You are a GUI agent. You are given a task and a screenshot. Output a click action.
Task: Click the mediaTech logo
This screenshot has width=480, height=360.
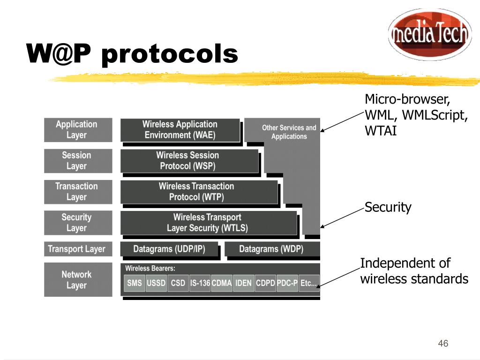point(430,34)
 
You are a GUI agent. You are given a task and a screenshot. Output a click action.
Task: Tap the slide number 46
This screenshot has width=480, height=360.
point(443,344)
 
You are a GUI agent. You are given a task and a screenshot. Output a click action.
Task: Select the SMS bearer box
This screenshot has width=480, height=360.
point(135,283)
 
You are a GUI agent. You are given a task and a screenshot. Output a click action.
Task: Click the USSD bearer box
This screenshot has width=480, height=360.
point(156,283)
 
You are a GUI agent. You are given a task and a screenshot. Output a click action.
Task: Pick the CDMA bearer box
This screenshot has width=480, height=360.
point(222,283)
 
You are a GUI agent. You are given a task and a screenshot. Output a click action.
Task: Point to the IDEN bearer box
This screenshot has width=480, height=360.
point(244,283)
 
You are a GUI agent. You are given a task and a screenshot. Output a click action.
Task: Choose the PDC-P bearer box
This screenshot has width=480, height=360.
point(287,283)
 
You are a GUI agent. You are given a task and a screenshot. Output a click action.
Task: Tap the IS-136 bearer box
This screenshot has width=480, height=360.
point(200,283)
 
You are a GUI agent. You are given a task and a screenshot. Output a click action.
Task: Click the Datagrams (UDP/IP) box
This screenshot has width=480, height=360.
point(169,249)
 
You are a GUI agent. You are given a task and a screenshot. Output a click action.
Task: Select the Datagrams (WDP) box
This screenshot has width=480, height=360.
point(271,249)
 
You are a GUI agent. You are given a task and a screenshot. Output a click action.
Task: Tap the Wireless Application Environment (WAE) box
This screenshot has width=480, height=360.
point(180,130)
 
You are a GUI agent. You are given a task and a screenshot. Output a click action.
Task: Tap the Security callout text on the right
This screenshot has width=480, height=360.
point(388,207)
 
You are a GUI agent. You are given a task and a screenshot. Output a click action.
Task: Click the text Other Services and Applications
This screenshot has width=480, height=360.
point(289,132)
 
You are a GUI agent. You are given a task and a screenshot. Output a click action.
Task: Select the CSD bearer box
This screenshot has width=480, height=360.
point(178,283)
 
